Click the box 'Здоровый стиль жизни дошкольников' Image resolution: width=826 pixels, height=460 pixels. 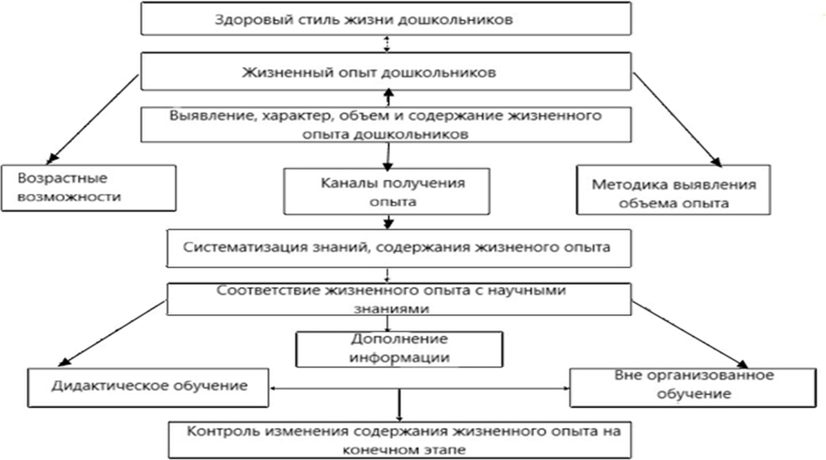pyautogui.click(x=386, y=19)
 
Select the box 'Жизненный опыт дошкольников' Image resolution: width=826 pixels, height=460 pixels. pyautogui.click(x=386, y=72)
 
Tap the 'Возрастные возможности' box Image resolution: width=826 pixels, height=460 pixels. pyautogui.click(x=88, y=188)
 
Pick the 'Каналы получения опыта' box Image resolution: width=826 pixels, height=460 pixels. pyautogui.click(x=387, y=192)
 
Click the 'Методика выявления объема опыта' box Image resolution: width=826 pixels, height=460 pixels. pyautogui.click(x=673, y=190)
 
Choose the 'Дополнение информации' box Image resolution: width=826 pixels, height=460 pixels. pyautogui.click(x=399, y=349)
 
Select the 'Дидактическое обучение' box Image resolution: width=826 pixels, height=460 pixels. pyautogui.click(x=148, y=387)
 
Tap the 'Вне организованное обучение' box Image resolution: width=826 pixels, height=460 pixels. pyautogui.click(x=693, y=387)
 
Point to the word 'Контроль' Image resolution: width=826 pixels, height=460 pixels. pyautogui.click(x=223, y=431)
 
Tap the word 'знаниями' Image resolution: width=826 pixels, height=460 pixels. pyautogui.click(x=391, y=309)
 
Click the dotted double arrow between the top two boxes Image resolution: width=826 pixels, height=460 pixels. pyautogui.click(x=387, y=44)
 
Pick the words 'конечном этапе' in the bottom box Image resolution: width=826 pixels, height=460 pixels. pyautogui.click(x=404, y=450)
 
